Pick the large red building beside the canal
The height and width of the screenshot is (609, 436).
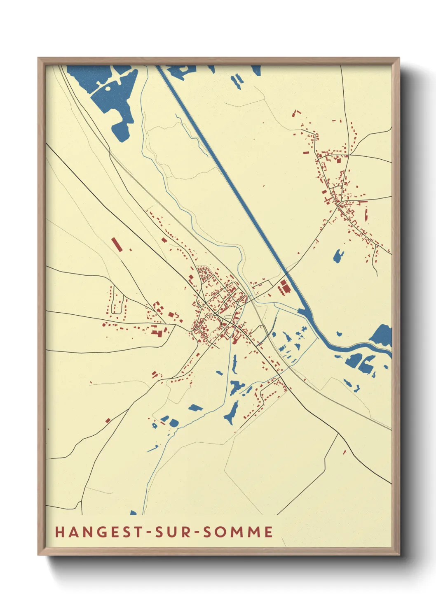[284, 286]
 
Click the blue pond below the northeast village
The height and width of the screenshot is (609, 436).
[338, 256]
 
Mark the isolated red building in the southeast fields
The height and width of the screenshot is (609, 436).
[345, 452]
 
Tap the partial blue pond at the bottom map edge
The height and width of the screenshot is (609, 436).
[133, 513]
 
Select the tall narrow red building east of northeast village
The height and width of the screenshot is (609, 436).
[366, 214]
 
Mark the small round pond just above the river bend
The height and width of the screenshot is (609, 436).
[339, 333]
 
